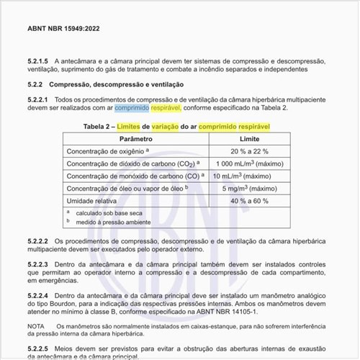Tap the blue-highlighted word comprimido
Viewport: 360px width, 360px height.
tap(132, 107)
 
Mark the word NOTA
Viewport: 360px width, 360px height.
tap(35, 326)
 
